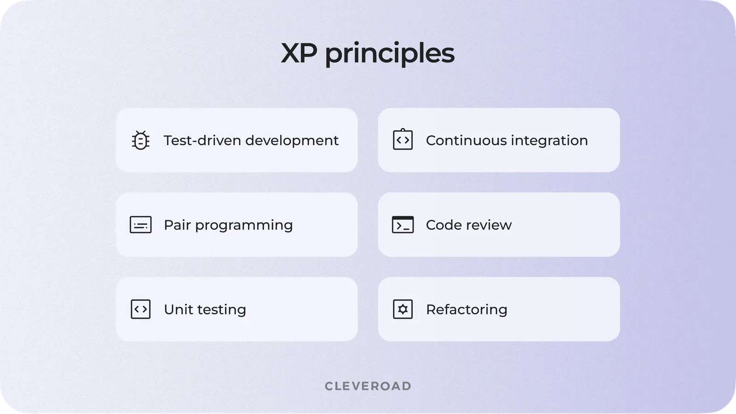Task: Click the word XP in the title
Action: click(x=299, y=53)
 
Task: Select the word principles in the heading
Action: click(x=390, y=54)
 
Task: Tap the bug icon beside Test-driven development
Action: click(x=141, y=141)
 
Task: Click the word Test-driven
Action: click(x=202, y=140)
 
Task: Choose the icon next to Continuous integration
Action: click(x=403, y=140)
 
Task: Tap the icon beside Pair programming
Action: click(x=141, y=225)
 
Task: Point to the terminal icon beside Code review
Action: click(x=403, y=225)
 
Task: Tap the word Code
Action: click(x=442, y=225)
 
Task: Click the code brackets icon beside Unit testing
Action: click(x=141, y=309)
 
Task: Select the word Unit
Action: click(x=178, y=309)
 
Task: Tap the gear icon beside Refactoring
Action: click(x=403, y=309)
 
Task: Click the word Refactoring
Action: click(x=466, y=310)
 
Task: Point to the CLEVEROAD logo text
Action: click(x=368, y=386)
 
